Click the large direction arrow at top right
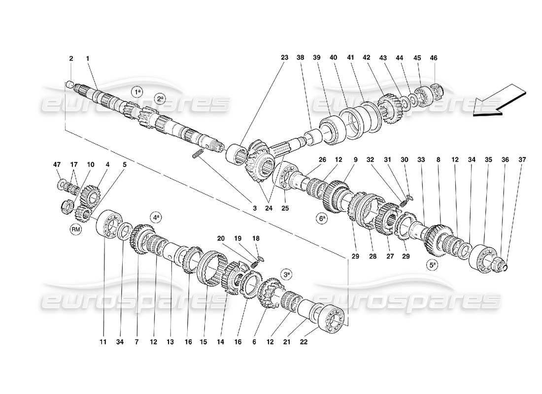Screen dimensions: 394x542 tap(499, 101)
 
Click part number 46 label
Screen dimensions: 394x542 tap(434, 58)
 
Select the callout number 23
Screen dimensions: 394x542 tap(284, 58)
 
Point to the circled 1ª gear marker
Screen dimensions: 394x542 tap(137, 92)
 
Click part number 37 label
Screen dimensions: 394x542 tap(522, 159)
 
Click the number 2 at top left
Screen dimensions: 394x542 tap(71, 58)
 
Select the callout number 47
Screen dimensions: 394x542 tap(57, 164)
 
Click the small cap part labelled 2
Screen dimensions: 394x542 tap(70, 84)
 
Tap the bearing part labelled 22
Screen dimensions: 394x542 tap(331, 318)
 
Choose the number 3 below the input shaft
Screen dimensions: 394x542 tap(255, 208)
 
